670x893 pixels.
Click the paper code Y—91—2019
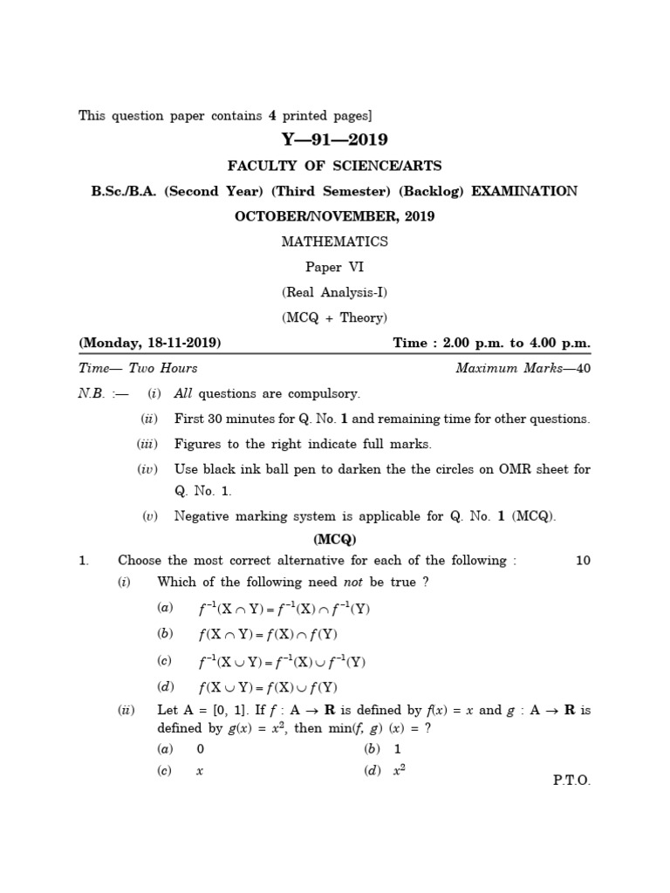pyautogui.click(x=334, y=140)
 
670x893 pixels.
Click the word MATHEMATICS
pyautogui.click(x=334, y=242)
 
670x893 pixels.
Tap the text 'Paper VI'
pyautogui.click(x=334, y=267)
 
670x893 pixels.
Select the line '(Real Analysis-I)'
pyautogui.click(x=334, y=292)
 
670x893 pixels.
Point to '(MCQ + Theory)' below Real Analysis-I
pyautogui.click(x=334, y=317)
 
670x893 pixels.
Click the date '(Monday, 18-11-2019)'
pyautogui.click(x=150, y=343)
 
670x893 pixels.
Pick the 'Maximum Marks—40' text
pyautogui.click(x=523, y=368)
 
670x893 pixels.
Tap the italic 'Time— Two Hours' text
pyautogui.click(x=138, y=368)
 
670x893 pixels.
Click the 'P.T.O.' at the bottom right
pyautogui.click(x=571, y=781)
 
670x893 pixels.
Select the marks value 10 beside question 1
pyautogui.click(x=583, y=561)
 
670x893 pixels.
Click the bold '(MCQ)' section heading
pyautogui.click(x=334, y=539)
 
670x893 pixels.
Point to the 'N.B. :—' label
pyautogui.click(x=103, y=393)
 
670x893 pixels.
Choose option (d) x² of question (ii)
pyautogui.click(x=400, y=770)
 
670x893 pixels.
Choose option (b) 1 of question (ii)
pyautogui.click(x=397, y=749)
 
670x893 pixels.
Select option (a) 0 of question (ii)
pyautogui.click(x=200, y=749)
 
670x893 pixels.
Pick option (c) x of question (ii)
pyautogui.click(x=200, y=771)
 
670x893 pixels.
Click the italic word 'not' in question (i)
pyautogui.click(x=354, y=582)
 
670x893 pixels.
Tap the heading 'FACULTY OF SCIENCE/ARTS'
pyautogui.click(x=334, y=166)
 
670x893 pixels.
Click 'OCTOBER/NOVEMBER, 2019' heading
pyautogui.click(x=334, y=216)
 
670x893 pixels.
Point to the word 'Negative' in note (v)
pyautogui.click(x=202, y=516)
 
